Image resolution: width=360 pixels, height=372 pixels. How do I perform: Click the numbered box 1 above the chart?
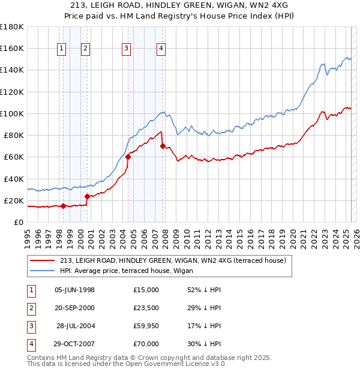[62, 49]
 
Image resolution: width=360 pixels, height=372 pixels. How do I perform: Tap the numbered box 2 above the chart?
[86, 49]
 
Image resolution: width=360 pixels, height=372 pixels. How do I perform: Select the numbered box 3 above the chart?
[127, 49]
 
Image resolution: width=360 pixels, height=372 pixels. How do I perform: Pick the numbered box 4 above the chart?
[162, 49]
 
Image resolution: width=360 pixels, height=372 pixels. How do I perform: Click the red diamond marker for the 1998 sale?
[63, 206]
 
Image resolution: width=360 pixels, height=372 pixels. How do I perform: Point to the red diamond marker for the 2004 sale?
[128, 157]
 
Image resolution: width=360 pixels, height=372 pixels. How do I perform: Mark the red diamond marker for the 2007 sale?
[163, 146]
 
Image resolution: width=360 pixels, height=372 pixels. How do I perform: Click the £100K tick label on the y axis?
[12, 113]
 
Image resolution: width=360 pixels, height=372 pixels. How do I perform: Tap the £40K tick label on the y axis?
[14, 179]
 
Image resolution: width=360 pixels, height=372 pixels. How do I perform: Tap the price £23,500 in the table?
[146, 308]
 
